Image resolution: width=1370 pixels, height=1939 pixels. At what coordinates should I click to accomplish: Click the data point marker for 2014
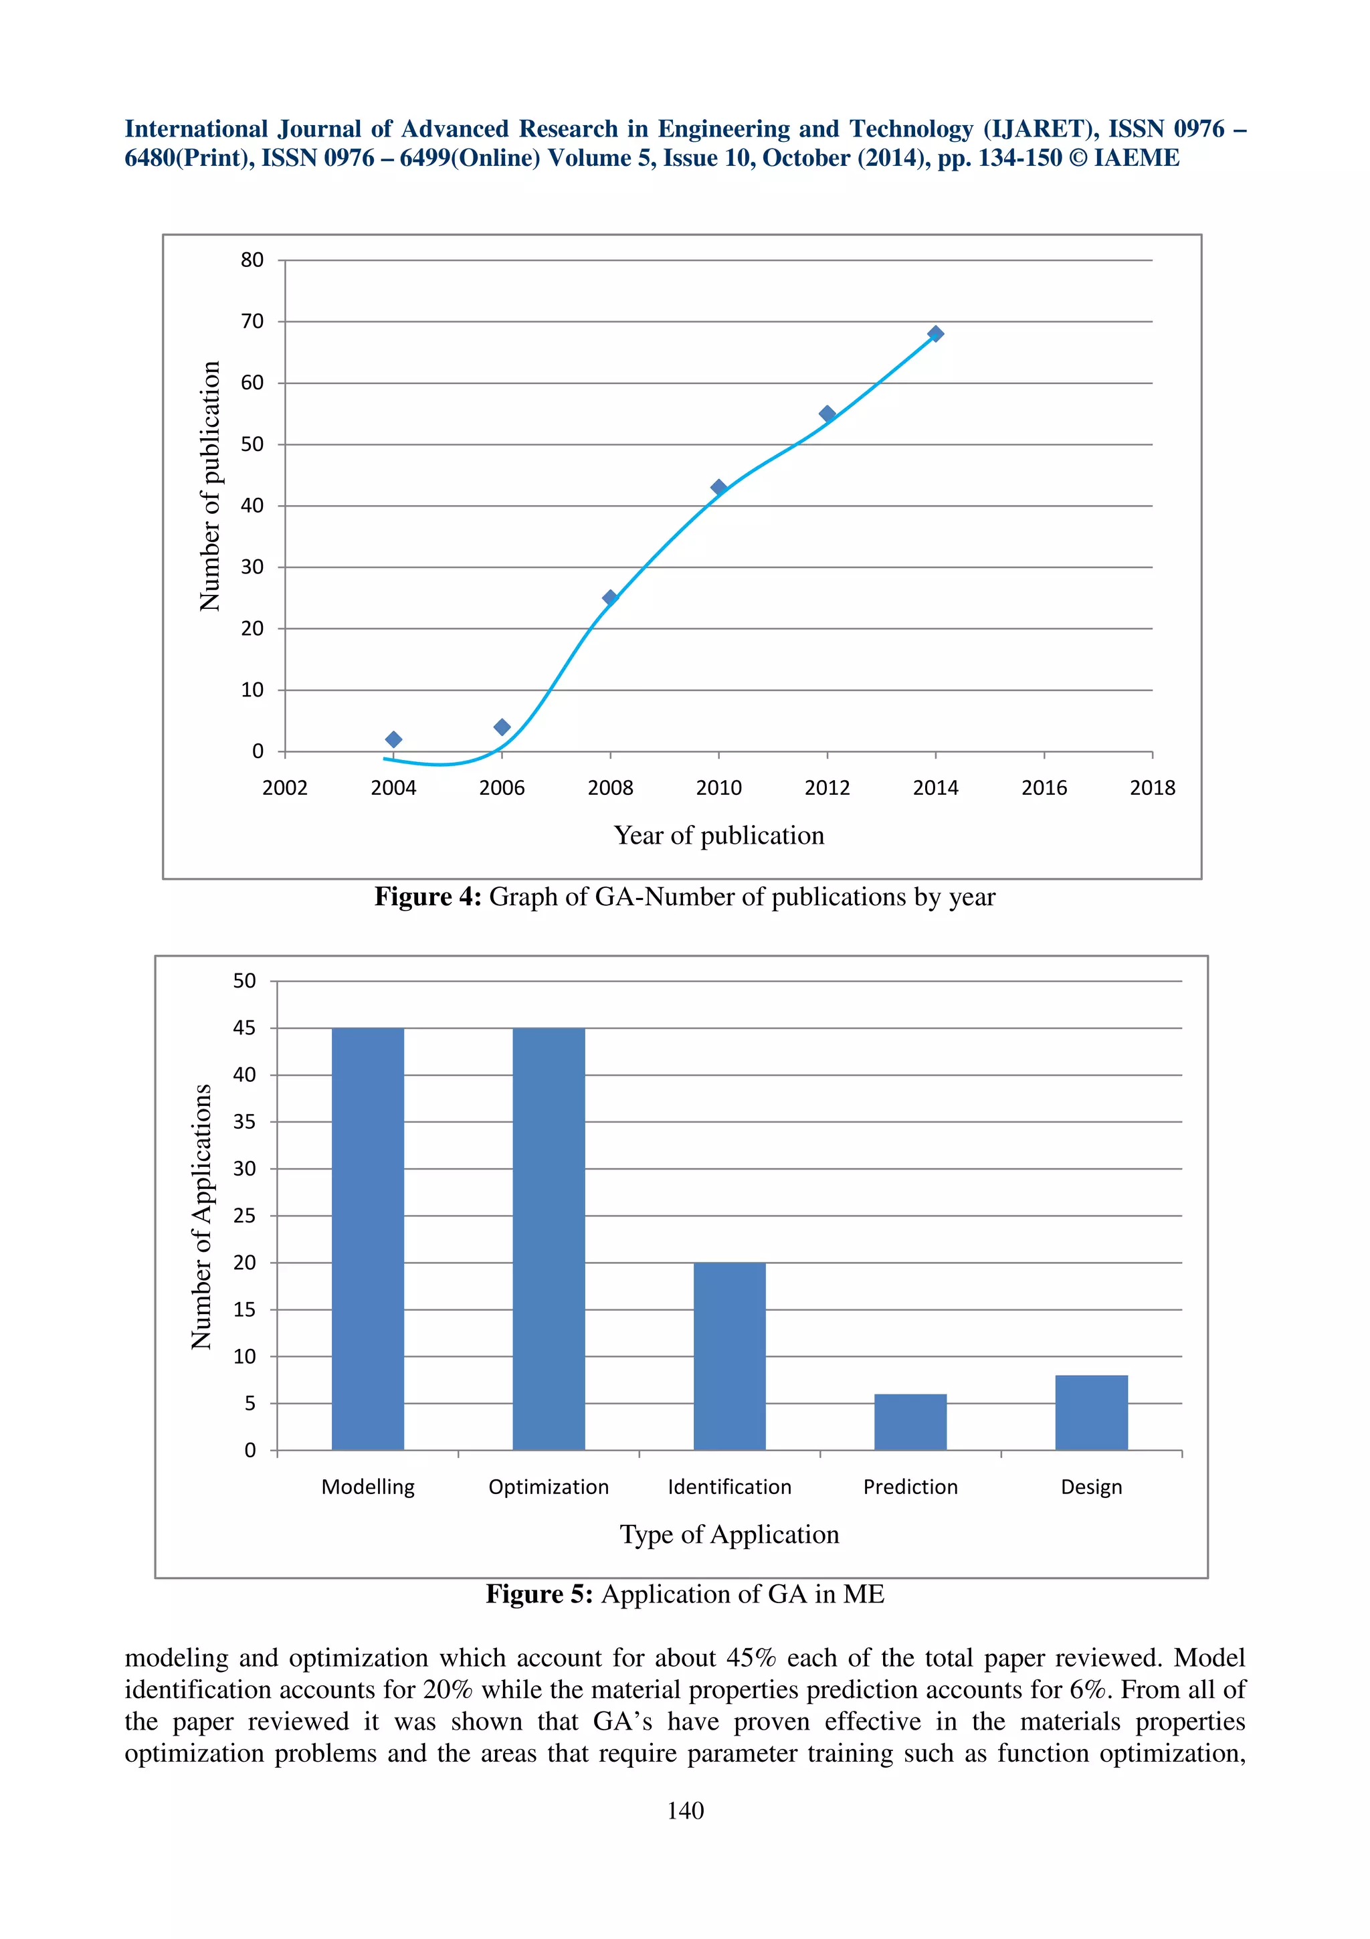click(x=935, y=334)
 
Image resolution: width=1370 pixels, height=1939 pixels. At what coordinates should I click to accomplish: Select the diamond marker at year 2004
click(x=393, y=740)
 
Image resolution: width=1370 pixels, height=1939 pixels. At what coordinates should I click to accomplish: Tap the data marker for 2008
click(x=610, y=598)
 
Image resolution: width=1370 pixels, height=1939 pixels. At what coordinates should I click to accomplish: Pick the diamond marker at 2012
click(x=827, y=413)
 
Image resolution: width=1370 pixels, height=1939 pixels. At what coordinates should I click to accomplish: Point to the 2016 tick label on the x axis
click(x=1044, y=788)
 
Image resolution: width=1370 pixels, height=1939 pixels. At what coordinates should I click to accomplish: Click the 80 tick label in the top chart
click(x=252, y=260)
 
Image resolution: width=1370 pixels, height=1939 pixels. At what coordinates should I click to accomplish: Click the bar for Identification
click(x=729, y=1356)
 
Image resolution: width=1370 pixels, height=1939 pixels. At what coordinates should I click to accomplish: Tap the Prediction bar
click(x=910, y=1422)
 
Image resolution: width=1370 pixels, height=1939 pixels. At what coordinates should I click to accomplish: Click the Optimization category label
click(x=549, y=1487)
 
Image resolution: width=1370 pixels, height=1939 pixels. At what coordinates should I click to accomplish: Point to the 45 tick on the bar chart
click(x=244, y=1028)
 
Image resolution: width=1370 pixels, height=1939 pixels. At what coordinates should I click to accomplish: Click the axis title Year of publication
click(x=718, y=835)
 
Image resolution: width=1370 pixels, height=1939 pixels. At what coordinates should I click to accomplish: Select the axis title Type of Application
click(x=729, y=1534)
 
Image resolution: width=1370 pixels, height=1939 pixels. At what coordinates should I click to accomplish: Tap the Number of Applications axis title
click(x=201, y=1216)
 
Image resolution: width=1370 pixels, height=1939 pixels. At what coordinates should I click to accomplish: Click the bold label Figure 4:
click(x=428, y=897)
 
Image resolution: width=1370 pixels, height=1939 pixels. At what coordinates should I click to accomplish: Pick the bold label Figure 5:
click(x=539, y=1594)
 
